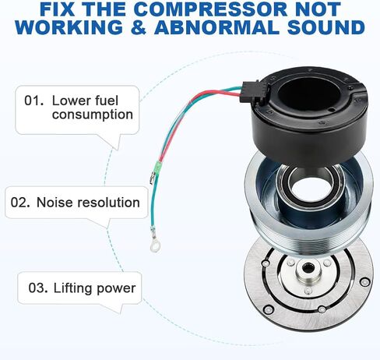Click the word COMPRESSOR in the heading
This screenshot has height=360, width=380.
(211, 9)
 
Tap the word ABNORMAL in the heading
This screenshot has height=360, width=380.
(216, 27)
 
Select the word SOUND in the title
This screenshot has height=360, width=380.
(326, 27)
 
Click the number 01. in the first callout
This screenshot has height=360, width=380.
(33, 101)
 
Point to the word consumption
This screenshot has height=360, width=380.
(93, 115)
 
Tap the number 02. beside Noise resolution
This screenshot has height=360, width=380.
(20, 203)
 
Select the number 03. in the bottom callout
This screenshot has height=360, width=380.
(38, 288)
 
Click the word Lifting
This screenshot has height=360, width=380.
(72, 288)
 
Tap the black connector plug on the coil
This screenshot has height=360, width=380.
(251, 93)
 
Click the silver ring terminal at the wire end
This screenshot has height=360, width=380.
(154, 246)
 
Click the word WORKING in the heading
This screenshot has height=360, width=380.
(69, 27)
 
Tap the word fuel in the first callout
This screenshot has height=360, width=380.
(107, 101)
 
